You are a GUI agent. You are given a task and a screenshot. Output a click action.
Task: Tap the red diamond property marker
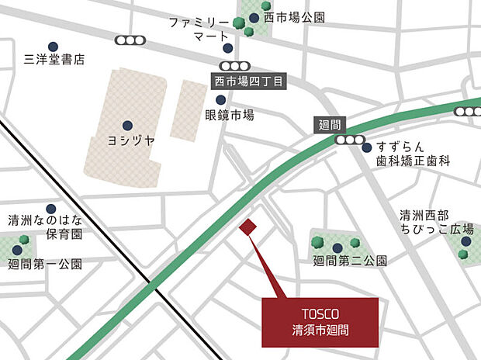(247, 227)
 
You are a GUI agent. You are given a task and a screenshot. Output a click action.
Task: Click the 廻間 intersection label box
(330, 124)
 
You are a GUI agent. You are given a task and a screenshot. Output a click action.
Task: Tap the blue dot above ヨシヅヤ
(127, 125)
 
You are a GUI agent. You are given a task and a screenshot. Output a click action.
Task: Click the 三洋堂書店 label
(54, 59)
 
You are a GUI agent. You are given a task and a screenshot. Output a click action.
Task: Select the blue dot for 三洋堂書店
(54, 47)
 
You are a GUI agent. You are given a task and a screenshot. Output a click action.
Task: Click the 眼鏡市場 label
(230, 115)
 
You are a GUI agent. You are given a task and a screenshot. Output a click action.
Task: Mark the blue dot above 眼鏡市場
(221, 100)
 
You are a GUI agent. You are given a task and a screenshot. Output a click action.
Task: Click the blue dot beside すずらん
(367, 147)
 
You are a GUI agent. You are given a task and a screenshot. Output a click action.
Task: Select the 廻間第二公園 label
(349, 261)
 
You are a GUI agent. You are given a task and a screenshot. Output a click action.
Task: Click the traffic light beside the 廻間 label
(351, 140)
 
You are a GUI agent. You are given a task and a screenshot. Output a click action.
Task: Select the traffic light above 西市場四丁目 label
(230, 66)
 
